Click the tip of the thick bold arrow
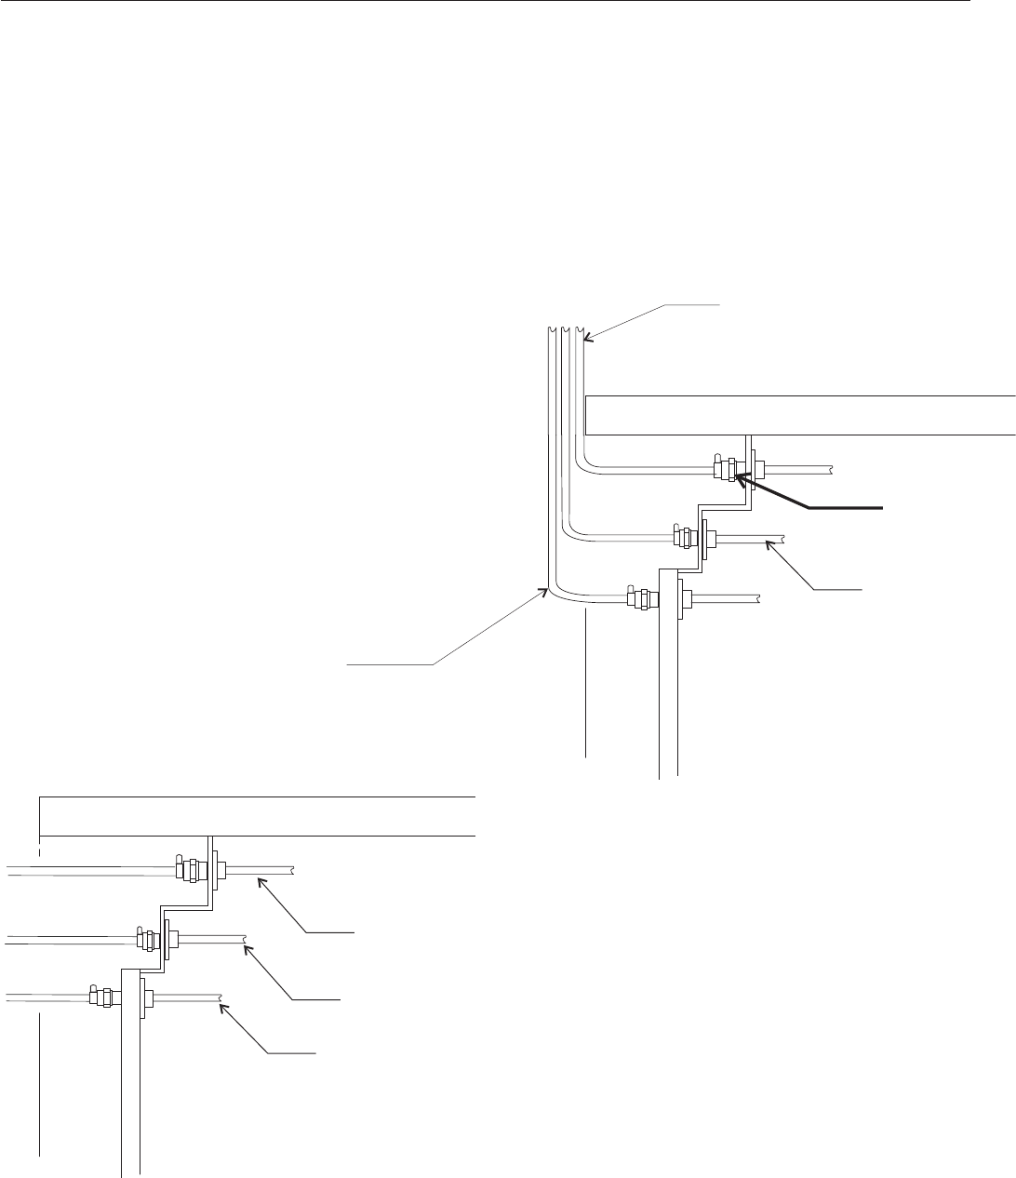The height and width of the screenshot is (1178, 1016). [x=735, y=477]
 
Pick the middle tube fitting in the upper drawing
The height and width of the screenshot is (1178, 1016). [x=685, y=537]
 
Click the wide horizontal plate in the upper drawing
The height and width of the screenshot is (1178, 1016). [x=800, y=414]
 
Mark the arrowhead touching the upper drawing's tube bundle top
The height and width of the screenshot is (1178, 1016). [x=584, y=341]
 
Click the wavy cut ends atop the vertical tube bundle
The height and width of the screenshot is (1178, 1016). [x=564, y=330]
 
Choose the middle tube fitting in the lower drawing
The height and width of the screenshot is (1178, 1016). [x=148, y=939]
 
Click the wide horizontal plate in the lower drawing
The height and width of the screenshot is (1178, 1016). [x=257, y=816]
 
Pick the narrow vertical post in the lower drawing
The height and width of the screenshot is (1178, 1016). [x=130, y=1079]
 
